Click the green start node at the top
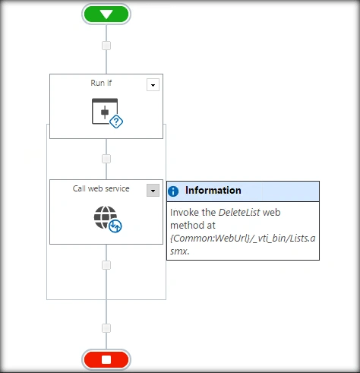[x=106, y=14]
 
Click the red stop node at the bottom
[x=106, y=359]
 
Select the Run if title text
[x=101, y=83]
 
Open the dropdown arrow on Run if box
[x=153, y=85]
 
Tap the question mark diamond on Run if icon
[x=116, y=122]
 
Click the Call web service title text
[x=101, y=188]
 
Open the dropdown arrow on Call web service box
[x=153, y=191]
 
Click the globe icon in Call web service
[x=106, y=217]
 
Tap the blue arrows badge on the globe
[x=115, y=226]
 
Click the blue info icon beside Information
[x=173, y=191]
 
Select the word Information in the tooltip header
[x=213, y=191]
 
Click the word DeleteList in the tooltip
[x=239, y=213]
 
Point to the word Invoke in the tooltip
[x=184, y=213]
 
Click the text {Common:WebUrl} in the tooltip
[x=210, y=239]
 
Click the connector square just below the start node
[x=106, y=46]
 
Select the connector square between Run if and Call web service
[x=106, y=159]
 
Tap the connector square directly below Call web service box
[x=106, y=265]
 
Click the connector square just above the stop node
[x=106, y=328]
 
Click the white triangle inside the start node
[x=106, y=14]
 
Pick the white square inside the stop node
[x=106, y=360]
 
